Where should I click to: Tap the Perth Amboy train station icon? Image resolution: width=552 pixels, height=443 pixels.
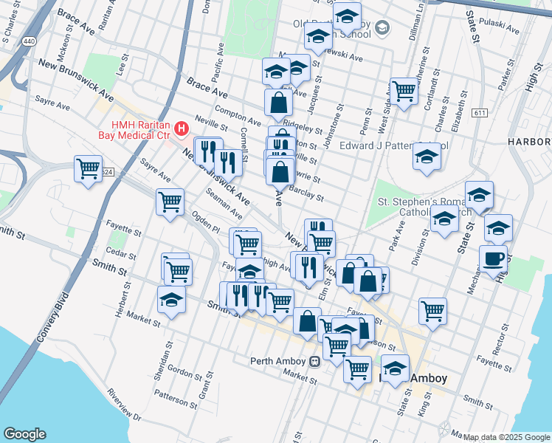point(315,361)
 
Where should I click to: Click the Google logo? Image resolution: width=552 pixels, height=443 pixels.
point(25,434)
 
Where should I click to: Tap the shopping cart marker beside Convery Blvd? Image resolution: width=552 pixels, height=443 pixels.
point(88,170)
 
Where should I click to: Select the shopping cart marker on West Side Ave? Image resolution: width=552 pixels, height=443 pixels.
point(404,92)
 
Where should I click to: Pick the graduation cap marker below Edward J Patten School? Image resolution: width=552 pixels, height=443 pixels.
point(426,158)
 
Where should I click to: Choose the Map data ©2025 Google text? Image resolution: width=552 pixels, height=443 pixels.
point(506,437)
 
